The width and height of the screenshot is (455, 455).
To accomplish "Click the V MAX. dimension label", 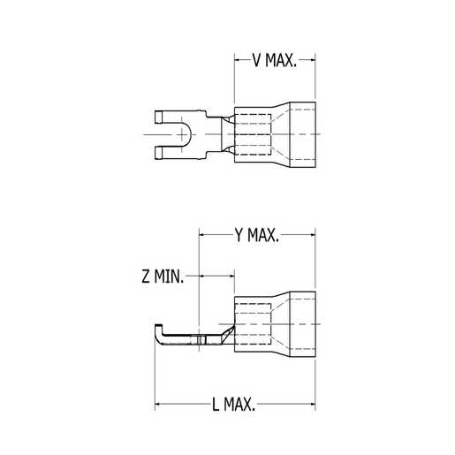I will (x=275, y=61).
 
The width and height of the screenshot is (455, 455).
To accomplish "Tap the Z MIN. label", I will (x=163, y=277).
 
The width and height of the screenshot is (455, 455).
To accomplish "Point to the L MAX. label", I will (x=234, y=405).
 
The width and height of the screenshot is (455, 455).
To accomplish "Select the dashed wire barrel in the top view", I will (x=253, y=135).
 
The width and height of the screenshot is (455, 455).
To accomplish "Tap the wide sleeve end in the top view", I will (x=300, y=135).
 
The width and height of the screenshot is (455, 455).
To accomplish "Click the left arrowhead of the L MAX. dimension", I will (x=160, y=405).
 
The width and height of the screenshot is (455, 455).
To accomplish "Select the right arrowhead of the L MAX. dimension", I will (x=311, y=405).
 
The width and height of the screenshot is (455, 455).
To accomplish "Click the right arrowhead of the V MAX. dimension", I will (x=311, y=61).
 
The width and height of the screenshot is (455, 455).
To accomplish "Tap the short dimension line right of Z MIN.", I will (x=217, y=277).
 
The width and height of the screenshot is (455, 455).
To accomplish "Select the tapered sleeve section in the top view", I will (x=276, y=135).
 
